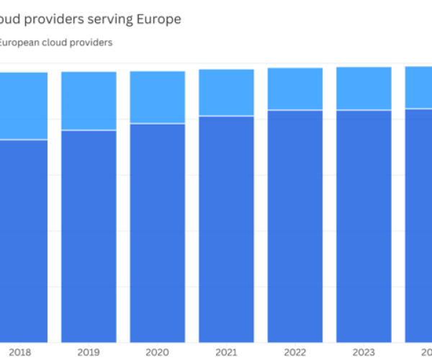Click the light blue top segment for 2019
tap(89, 101)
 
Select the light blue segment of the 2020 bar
tap(157, 97)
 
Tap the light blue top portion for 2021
tap(226, 92)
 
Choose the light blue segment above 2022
tap(295, 89)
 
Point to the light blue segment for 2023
tap(364, 89)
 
